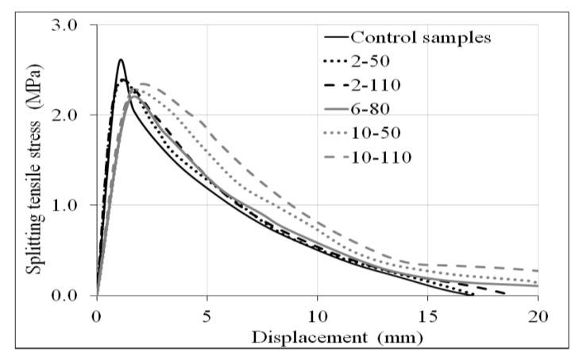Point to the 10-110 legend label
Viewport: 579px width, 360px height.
coord(380,157)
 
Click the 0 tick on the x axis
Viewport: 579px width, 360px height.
coord(97,315)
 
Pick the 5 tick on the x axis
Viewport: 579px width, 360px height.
coord(207,315)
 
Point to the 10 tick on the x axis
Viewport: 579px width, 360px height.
coord(318,315)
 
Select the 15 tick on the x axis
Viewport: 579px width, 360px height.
coord(428,315)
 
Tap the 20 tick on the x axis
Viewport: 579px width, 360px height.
coord(538,315)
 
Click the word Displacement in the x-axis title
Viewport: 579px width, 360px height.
coord(299,337)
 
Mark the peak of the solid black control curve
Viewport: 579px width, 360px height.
coord(121,60)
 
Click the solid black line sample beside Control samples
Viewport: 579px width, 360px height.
coord(335,37)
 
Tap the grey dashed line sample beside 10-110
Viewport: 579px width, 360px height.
coord(335,157)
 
